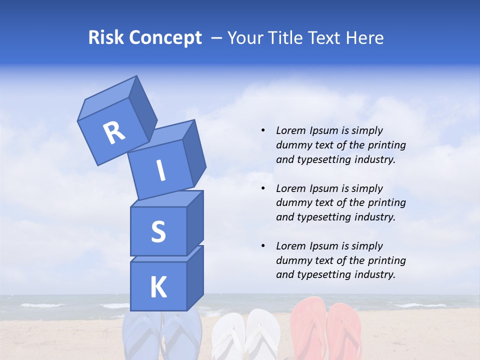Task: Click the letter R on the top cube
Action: tap(114, 133)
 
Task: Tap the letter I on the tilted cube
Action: tap(160, 171)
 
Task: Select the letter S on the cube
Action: tap(158, 231)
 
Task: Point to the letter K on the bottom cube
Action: tap(158, 287)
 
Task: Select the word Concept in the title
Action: tap(165, 38)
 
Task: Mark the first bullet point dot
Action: tap(263, 130)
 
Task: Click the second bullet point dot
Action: tap(263, 188)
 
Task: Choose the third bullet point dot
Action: tap(263, 246)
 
